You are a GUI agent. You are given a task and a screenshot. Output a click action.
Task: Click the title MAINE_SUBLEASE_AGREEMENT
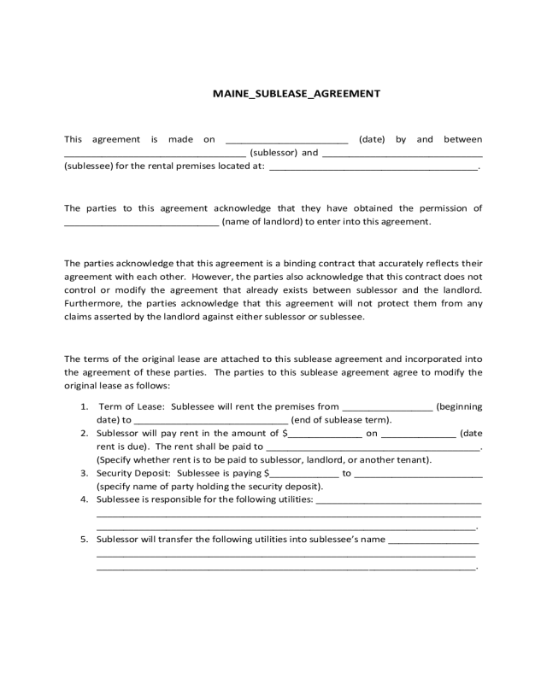coord(296,94)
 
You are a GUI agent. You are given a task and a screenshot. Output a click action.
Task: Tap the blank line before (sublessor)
coord(155,155)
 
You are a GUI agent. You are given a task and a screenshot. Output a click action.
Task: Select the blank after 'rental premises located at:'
coord(373,168)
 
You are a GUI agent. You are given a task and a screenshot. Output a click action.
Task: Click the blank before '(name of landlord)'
coord(141,224)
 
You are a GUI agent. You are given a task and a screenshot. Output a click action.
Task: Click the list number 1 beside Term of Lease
coord(85,406)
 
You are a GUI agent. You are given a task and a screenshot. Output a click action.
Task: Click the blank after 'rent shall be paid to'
coord(373,448)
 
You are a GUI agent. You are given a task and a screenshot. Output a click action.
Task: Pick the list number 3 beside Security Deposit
coord(85,472)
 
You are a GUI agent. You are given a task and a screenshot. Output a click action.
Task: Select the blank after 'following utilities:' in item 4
coord(398,501)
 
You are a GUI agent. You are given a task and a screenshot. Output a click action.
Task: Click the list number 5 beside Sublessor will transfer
coord(85,540)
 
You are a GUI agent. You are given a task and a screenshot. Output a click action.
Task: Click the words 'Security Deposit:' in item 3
coord(134,472)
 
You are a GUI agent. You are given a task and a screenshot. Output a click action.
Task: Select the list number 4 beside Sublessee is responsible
coord(85,499)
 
